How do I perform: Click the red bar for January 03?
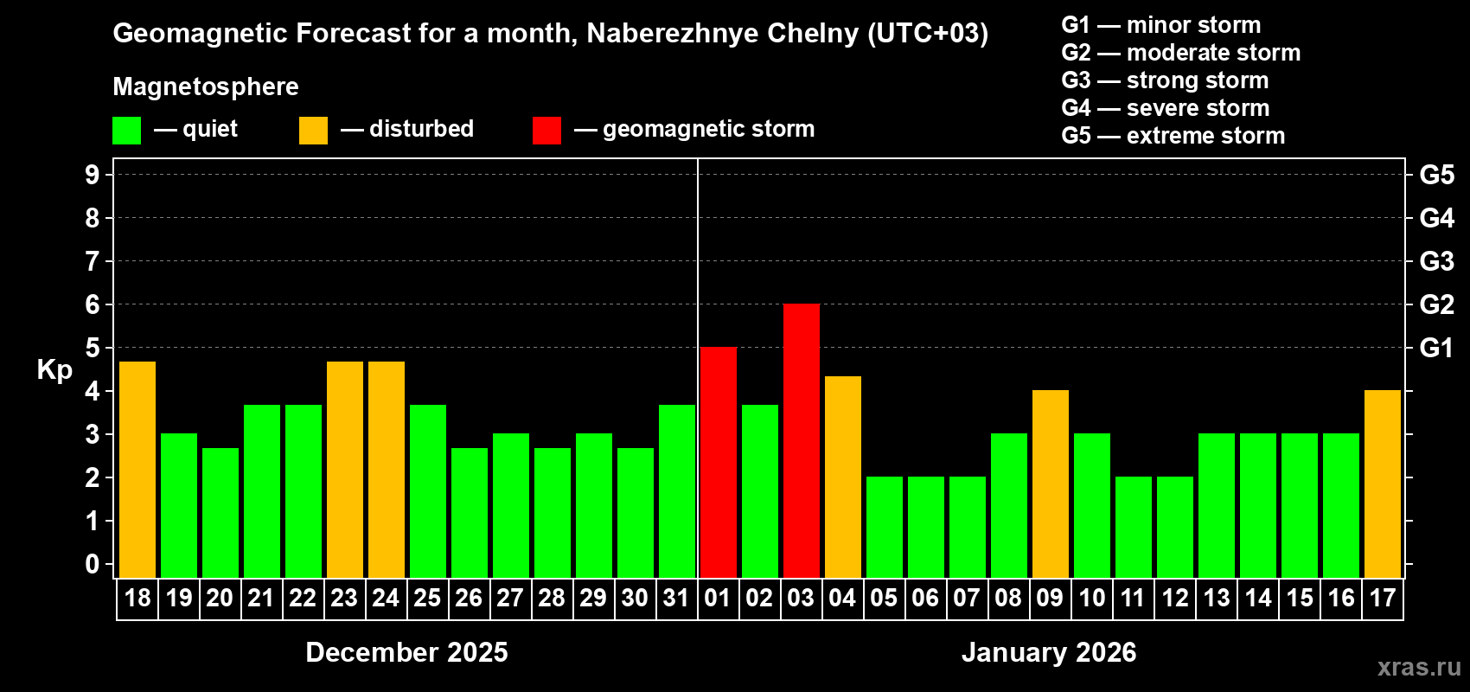tap(802, 440)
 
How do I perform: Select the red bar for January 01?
tap(719, 462)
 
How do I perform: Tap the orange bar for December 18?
tap(137, 469)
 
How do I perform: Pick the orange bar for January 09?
tap(1051, 484)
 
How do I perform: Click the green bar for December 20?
tap(220, 512)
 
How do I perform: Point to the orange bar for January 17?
tap(1383, 484)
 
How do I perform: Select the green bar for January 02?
tap(760, 490)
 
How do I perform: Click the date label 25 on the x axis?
tap(427, 599)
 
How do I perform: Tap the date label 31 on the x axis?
tap(676, 599)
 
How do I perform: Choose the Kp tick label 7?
tap(93, 261)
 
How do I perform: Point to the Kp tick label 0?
tap(93, 564)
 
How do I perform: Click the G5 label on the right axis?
tap(1436, 175)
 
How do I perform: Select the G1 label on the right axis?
tap(1436, 348)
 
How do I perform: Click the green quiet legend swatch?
tap(127, 131)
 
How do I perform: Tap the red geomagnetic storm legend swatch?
tap(546, 131)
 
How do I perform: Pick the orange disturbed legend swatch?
tap(313, 131)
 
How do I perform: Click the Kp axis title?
tap(54, 369)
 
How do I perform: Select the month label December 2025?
tap(406, 652)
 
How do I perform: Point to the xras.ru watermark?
tap(1419, 667)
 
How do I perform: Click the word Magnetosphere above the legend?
tap(206, 86)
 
